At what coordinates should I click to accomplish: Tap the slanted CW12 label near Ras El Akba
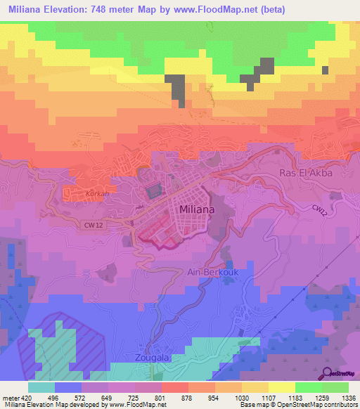319,207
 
